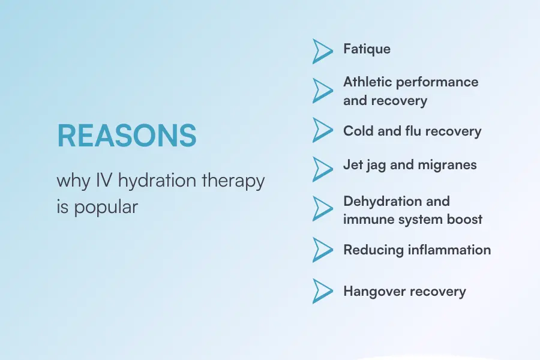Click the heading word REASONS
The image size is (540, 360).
coord(127,136)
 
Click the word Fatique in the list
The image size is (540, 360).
coord(367,49)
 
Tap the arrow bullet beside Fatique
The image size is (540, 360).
coord(322,51)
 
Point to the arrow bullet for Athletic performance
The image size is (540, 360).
coord(322,90)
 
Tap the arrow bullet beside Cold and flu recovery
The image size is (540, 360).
coord(322,130)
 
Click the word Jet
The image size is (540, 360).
coord(353,164)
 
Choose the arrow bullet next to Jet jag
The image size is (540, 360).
coord(322,169)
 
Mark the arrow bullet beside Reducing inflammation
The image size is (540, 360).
coord(322,249)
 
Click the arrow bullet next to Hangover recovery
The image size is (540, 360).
coord(322,291)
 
